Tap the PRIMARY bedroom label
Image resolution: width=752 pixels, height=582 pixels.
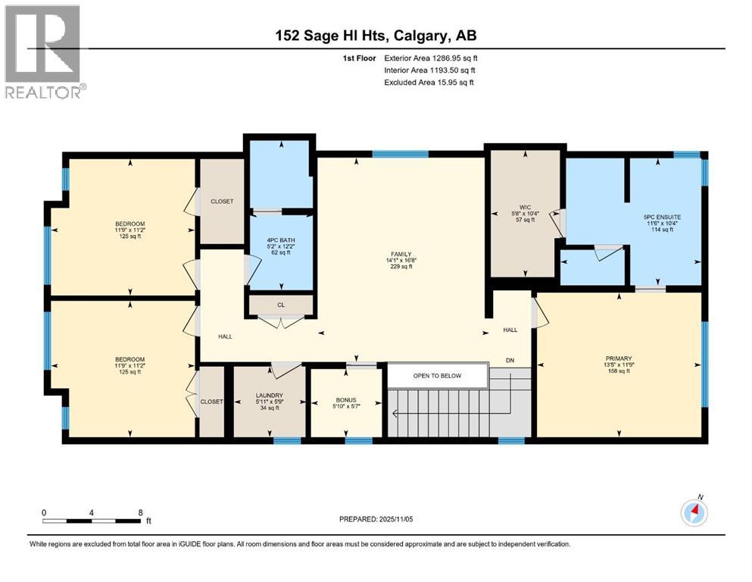[x=618, y=358]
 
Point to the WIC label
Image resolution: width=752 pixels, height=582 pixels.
[x=526, y=206]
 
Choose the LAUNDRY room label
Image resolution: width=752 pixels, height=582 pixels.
[x=269, y=395]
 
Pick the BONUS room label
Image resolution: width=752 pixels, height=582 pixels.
[x=346, y=400]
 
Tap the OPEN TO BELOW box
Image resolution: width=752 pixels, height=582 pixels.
[x=436, y=376]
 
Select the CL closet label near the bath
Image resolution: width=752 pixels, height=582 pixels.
[x=280, y=305]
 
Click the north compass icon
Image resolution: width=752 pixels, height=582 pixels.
[x=694, y=513]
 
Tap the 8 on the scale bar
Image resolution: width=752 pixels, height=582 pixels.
[x=140, y=512]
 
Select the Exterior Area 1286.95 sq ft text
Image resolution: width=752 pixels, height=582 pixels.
[x=431, y=58]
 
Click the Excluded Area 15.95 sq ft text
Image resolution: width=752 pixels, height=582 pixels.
[x=429, y=82]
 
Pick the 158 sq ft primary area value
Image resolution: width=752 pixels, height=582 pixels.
[x=618, y=371]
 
